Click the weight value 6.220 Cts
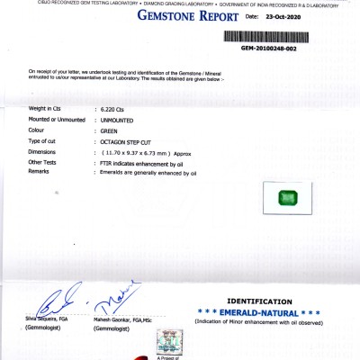114,109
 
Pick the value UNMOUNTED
120,120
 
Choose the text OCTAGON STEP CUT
127,142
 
